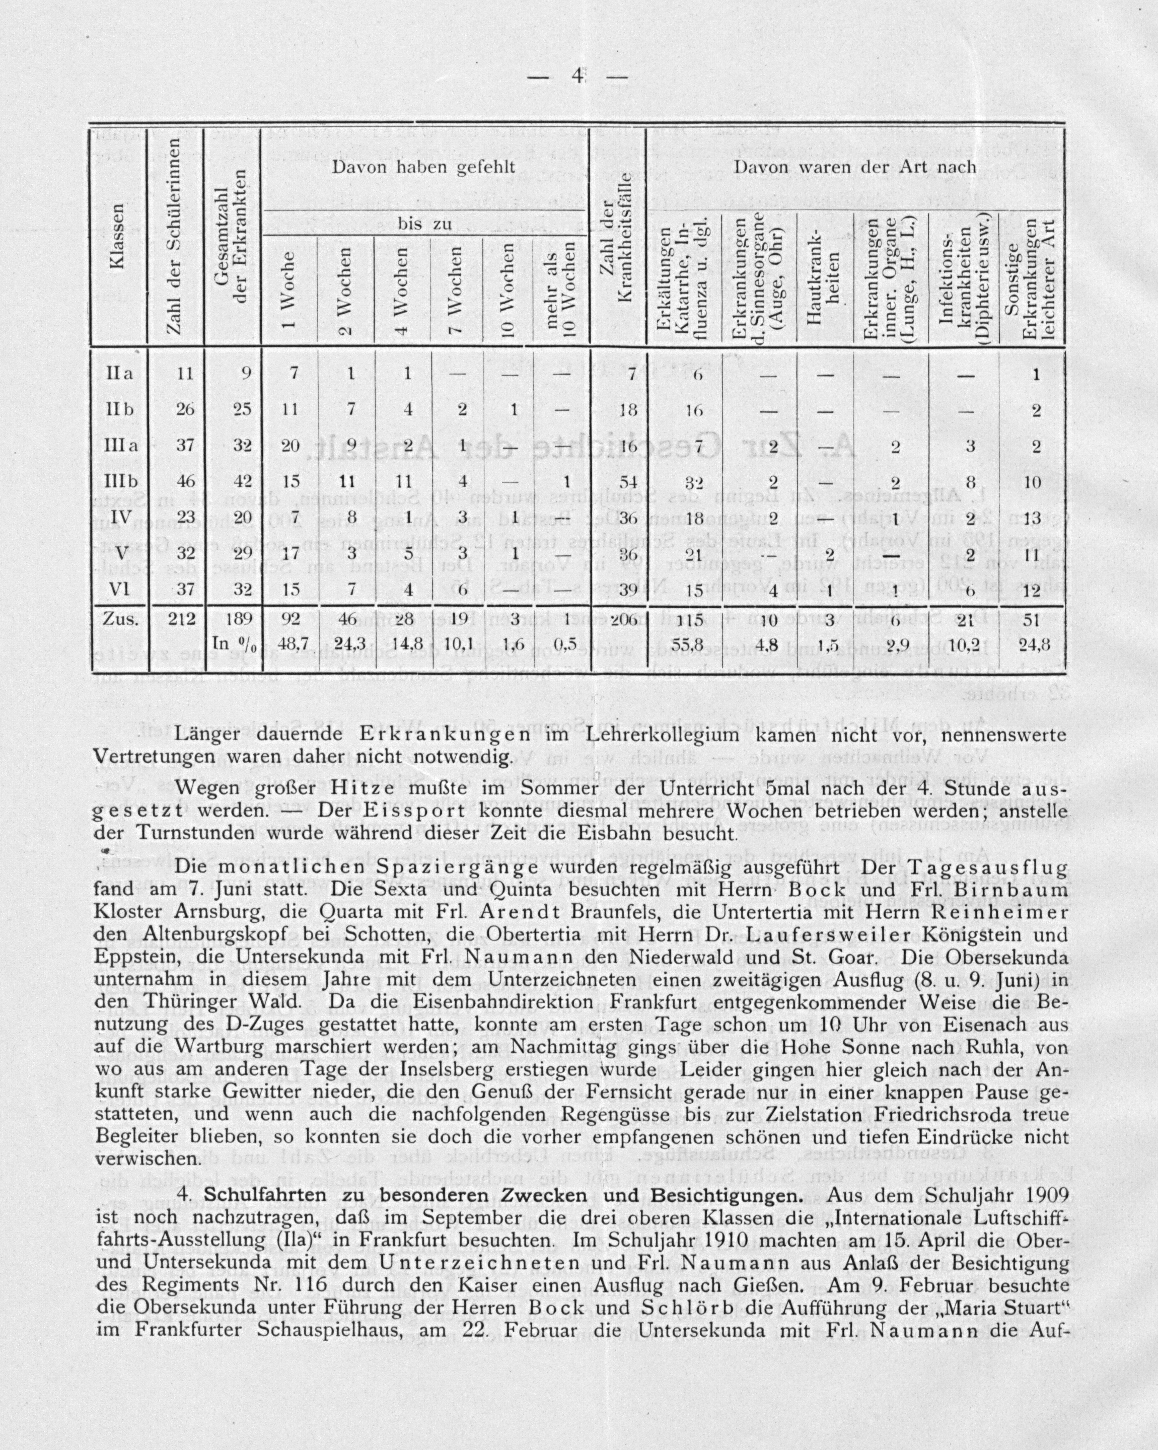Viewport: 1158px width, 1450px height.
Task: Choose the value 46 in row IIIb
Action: pos(178,481)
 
